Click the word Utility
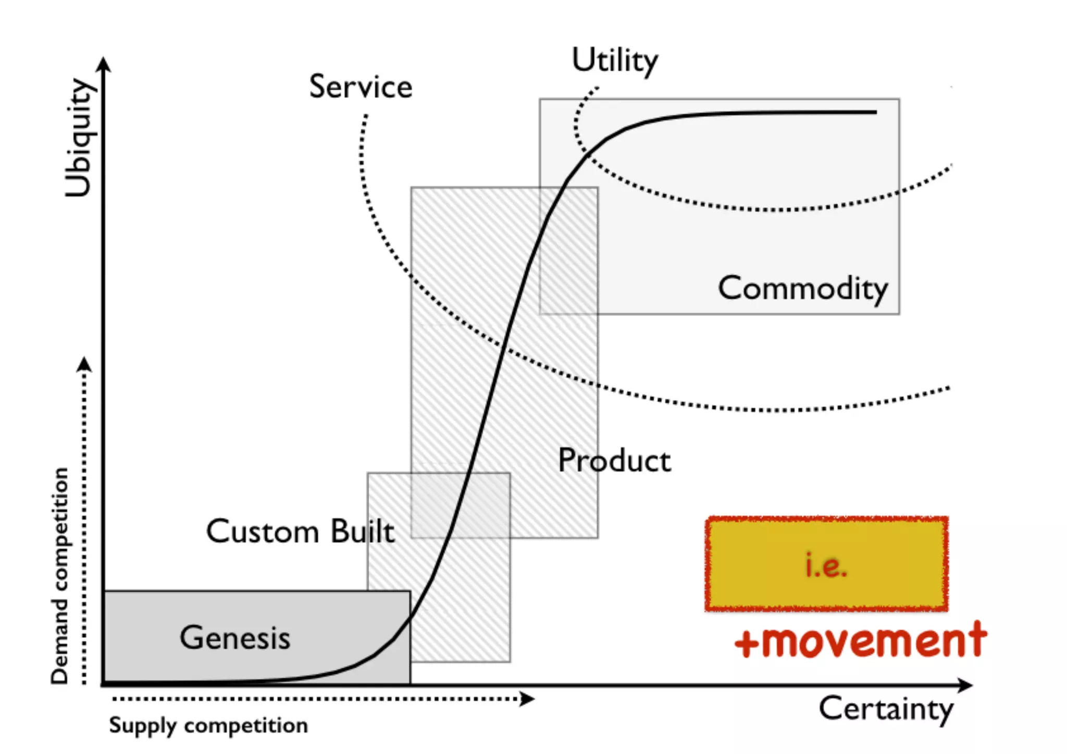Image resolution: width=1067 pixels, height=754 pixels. (x=615, y=61)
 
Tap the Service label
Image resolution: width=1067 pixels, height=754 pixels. (x=361, y=86)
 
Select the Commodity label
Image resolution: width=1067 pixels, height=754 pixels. (x=802, y=288)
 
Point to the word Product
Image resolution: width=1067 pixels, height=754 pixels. (x=614, y=461)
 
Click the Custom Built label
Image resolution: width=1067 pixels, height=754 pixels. (x=300, y=531)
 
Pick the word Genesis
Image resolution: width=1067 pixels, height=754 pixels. (x=235, y=638)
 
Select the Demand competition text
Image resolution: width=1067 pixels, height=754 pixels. (x=60, y=575)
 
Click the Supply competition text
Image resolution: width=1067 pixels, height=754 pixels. (x=208, y=725)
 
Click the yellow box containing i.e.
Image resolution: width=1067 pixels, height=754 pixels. (x=826, y=563)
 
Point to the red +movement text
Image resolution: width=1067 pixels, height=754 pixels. (x=860, y=641)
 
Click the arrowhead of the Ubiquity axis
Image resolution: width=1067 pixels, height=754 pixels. (x=104, y=63)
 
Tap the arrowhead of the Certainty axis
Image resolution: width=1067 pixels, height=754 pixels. (x=967, y=685)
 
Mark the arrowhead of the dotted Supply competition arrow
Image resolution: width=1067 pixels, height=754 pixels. (x=528, y=699)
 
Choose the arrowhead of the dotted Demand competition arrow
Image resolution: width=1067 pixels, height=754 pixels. (x=84, y=364)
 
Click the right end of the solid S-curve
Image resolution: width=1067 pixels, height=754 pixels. (x=875, y=112)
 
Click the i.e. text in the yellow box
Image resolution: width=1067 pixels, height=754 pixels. (x=826, y=565)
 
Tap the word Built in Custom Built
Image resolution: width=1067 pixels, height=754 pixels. (x=363, y=531)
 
